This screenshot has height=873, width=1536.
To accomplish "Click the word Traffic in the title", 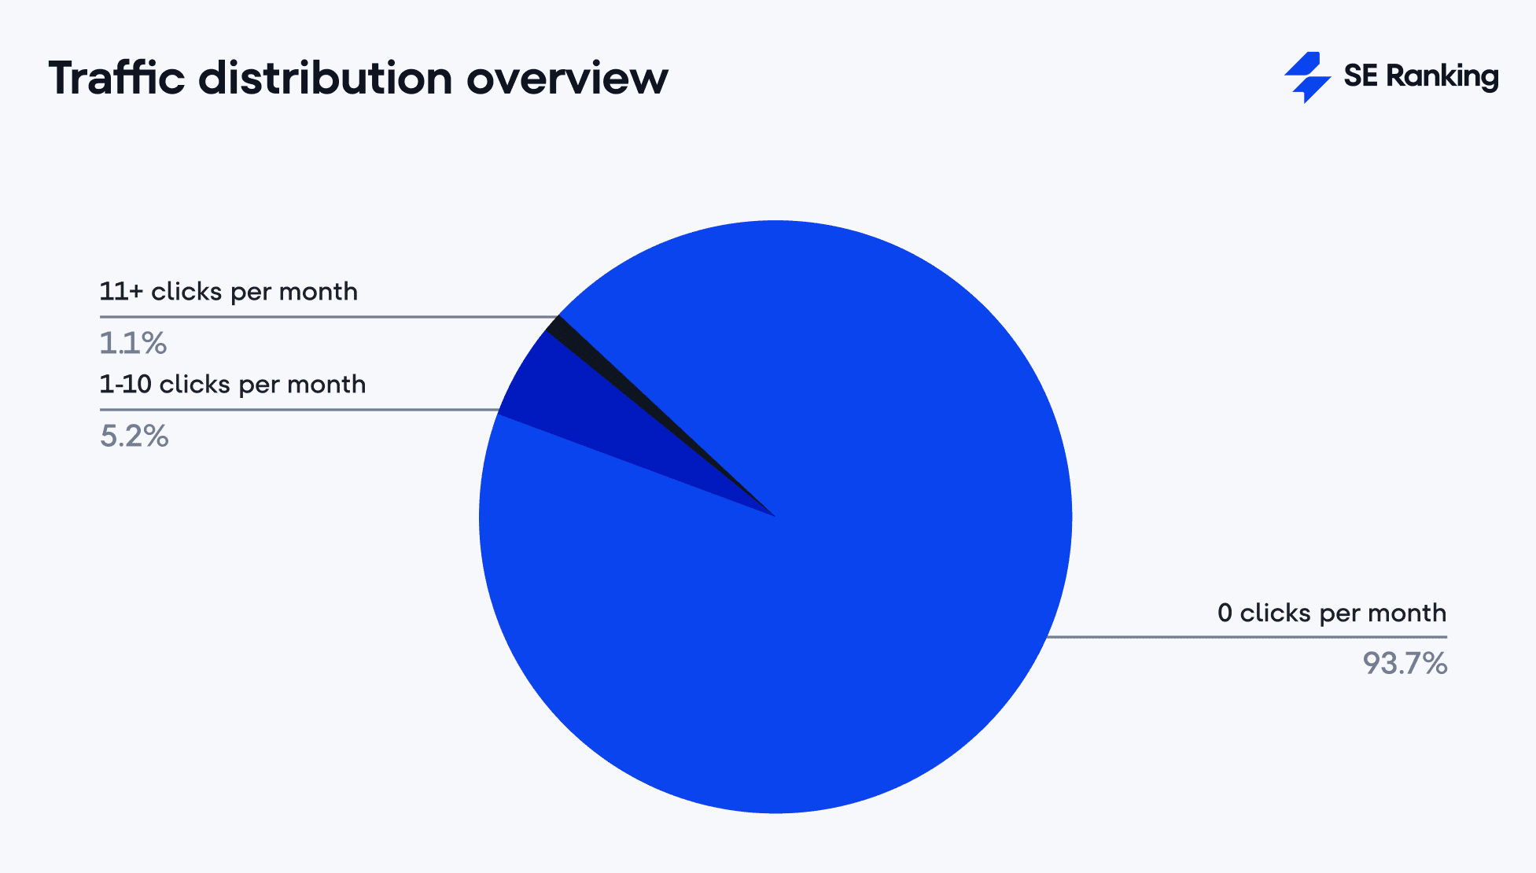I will pyautogui.click(x=116, y=79).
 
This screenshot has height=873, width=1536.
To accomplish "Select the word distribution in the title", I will pyautogui.click(x=325, y=79).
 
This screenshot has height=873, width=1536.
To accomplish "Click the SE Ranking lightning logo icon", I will pyautogui.click(x=1307, y=77).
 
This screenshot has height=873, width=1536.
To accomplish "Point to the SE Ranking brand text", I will pyautogui.click(x=1420, y=76).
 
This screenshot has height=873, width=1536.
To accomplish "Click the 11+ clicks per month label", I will pyautogui.click(x=228, y=292).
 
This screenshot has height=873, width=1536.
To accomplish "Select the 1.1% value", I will pyautogui.click(x=133, y=343).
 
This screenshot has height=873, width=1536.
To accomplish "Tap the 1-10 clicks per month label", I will pyautogui.click(x=232, y=385).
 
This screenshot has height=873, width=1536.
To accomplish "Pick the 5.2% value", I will pyautogui.click(x=134, y=436).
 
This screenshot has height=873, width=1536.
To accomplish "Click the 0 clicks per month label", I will pyautogui.click(x=1332, y=613).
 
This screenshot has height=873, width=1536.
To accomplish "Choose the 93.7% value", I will pyautogui.click(x=1405, y=664).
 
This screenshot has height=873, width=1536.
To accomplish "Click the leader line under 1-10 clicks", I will pyautogui.click(x=299, y=410).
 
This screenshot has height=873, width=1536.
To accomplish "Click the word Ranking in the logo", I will pyautogui.click(x=1442, y=76).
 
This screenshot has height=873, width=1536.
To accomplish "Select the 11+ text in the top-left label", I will pyautogui.click(x=121, y=292).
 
